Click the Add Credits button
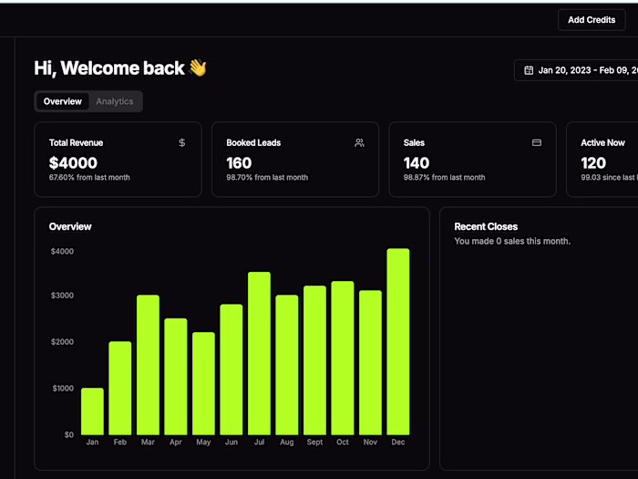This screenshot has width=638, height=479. pyautogui.click(x=592, y=19)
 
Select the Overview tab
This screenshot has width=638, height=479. pyautogui.click(x=63, y=101)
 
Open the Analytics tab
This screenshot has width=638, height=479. pyautogui.click(x=115, y=101)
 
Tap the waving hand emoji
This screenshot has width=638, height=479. pyautogui.click(x=198, y=68)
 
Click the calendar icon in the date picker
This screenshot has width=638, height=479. pyautogui.click(x=529, y=70)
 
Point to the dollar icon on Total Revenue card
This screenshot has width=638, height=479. pyautogui.click(x=182, y=143)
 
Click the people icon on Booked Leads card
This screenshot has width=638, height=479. pyautogui.click(x=359, y=143)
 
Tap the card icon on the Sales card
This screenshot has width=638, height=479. pyautogui.click(x=537, y=143)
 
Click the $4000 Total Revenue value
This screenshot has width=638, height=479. pyautogui.click(x=73, y=162)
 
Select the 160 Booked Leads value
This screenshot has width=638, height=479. pyautogui.click(x=239, y=162)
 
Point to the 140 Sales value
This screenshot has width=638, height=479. pyautogui.click(x=417, y=162)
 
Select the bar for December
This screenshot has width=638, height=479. pyautogui.click(x=397, y=341)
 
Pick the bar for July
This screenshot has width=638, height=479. pyautogui.click(x=259, y=353)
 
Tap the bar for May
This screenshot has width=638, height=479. pyautogui.click(x=203, y=383)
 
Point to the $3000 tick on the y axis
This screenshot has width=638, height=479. pyautogui.click(x=62, y=296)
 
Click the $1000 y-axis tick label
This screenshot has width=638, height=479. pyautogui.click(x=62, y=389)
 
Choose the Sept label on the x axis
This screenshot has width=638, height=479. pyautogui.click(x=314, y=443)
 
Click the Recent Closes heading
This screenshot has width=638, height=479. pyautogui.click(x=486, y=226)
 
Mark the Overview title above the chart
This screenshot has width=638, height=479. pyautogui.click(x=70, y=226)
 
